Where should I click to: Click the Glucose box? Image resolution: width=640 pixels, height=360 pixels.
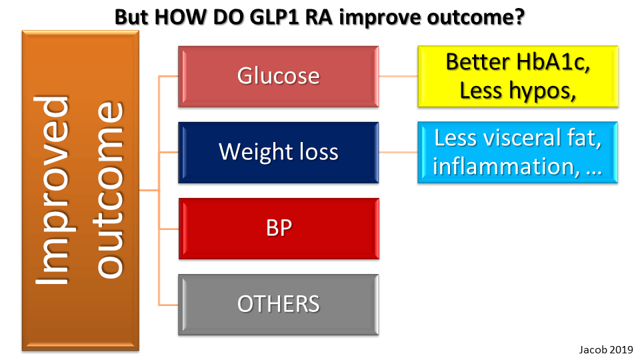tap(279, 76)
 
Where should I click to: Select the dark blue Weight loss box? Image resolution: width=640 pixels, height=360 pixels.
tap(279, 152)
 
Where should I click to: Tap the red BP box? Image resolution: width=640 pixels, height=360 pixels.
tap(279, 229)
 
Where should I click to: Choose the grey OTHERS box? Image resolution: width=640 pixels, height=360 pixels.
tap(279, 305)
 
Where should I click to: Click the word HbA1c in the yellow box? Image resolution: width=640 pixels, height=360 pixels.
tap(553, 62)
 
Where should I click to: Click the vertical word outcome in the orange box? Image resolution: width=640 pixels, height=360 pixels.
tap(109, 190)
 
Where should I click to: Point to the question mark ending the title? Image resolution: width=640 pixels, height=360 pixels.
tap(519, 17)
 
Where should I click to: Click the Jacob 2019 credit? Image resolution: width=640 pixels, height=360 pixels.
tap(606, 350)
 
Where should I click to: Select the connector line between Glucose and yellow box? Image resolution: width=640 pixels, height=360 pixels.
tap(399, 76)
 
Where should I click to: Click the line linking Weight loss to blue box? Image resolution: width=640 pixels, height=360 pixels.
tap(399, 152)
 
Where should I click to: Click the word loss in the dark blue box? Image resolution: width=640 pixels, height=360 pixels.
tap(319, 152)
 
